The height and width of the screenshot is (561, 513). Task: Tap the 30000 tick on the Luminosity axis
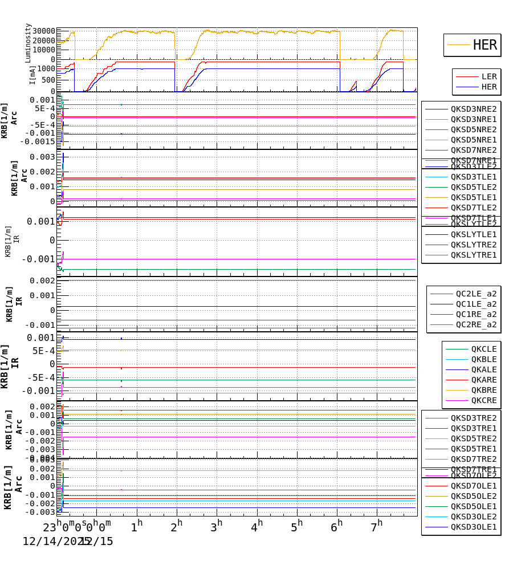click(44, 31)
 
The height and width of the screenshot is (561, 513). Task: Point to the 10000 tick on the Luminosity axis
click(44, 50)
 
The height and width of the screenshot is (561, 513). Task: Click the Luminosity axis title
click(28, 43)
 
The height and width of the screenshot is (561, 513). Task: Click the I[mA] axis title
click(32, 75)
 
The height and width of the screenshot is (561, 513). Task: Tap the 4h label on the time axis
click(257, 525)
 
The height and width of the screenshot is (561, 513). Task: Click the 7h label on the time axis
click(377, 525)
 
